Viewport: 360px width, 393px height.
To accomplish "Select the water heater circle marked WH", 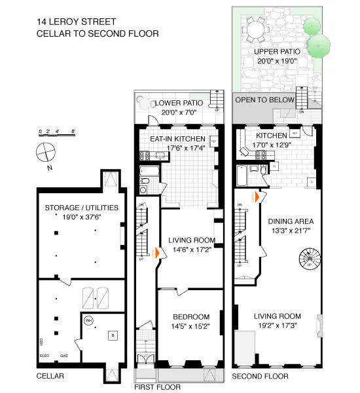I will point(88,321).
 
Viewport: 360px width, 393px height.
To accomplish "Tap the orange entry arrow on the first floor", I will point(156,253).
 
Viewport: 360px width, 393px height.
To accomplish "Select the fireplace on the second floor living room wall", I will point(319,324).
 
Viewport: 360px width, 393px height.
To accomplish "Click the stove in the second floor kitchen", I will point(260,155).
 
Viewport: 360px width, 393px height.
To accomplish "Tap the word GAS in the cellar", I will point(64,356).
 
